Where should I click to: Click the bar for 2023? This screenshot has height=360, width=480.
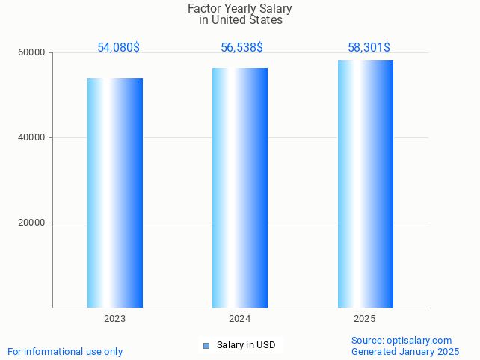tap(115, 193)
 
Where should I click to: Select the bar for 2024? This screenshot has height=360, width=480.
tap(240, 187)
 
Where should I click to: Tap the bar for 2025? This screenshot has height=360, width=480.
tap(365, 184)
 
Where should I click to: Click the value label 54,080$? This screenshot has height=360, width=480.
tap(118, 48)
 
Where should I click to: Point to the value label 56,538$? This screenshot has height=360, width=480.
tap(241, 48)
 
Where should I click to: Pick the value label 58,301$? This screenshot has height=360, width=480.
tap(369, 48)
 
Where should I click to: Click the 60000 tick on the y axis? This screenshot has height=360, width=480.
tap(33, 53)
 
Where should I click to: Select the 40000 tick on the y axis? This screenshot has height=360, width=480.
tap(33, 138)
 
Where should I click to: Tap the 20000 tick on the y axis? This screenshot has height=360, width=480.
tap(33, 223)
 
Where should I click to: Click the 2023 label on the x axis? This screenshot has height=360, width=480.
tap(115, 319)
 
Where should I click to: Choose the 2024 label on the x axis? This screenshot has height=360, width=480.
tap(240, 319)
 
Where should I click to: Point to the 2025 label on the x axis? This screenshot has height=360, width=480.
tap(365, 319)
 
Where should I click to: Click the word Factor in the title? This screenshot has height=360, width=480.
tap(205, 9)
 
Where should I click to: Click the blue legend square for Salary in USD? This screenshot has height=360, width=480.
tap(206, 345)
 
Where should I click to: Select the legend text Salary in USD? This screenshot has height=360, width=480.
tap(246, 345)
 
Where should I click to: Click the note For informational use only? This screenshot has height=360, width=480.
tap(65, 352)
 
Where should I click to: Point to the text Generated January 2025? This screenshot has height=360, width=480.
tap(405, 352)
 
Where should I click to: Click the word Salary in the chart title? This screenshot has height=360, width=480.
tap(275, 9)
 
